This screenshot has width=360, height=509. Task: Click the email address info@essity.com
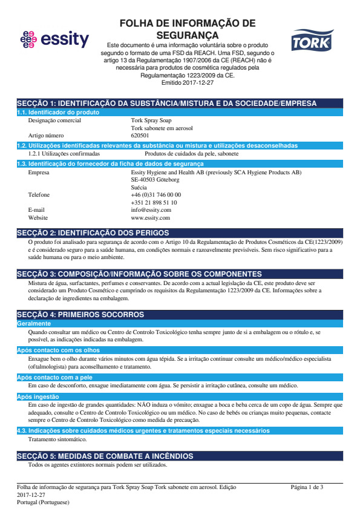point(146,210)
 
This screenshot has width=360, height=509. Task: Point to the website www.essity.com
point(150,217)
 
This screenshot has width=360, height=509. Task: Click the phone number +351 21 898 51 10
point(154,202)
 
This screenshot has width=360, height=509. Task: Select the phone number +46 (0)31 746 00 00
point(155,195)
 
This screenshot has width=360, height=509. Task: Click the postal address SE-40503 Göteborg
point(155,180)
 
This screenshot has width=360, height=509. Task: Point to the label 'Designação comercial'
point(54,120)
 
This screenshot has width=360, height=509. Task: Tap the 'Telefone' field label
point(39,195)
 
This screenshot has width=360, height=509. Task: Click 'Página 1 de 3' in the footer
point(307,487)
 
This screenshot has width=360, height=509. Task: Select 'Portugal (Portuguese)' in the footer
point(43,502)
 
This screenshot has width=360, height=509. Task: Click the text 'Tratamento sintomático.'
point(57,439)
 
